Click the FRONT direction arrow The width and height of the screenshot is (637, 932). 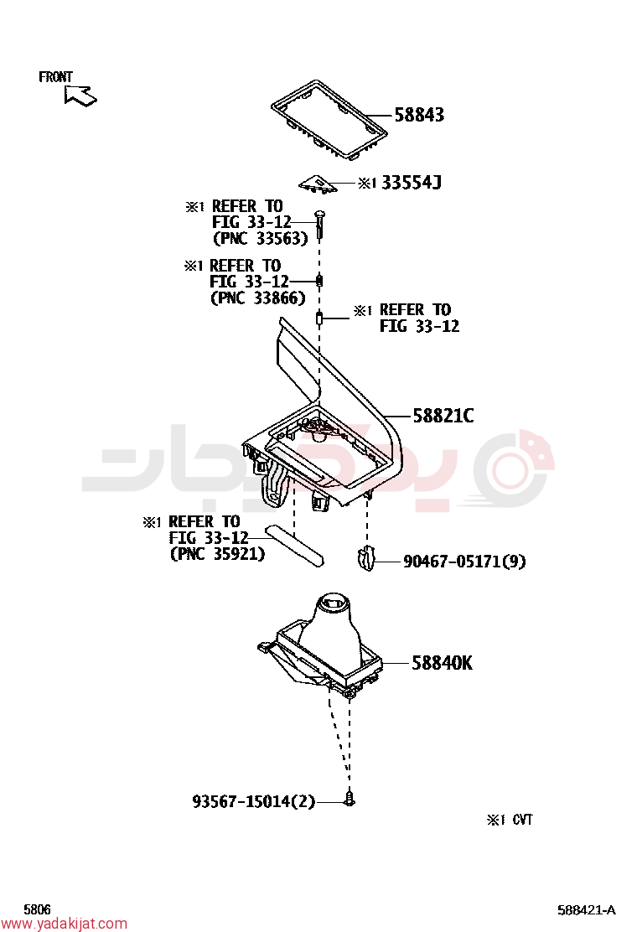point(80,95)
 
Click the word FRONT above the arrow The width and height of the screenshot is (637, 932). point(55,76)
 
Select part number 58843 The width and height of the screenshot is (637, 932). point(419,115)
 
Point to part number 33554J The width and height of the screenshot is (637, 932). point(412,183)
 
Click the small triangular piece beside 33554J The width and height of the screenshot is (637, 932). point(318,184)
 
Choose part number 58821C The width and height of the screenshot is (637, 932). point(443,416)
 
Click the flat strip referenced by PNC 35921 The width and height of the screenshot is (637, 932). point(295,545)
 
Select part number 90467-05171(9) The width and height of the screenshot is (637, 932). point(464,562)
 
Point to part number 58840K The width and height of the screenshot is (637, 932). point(442,663)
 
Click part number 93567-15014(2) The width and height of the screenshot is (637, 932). point(254,802)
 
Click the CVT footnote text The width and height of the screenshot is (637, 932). point(510,820)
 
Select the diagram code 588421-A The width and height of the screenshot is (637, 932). point(587,910)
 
